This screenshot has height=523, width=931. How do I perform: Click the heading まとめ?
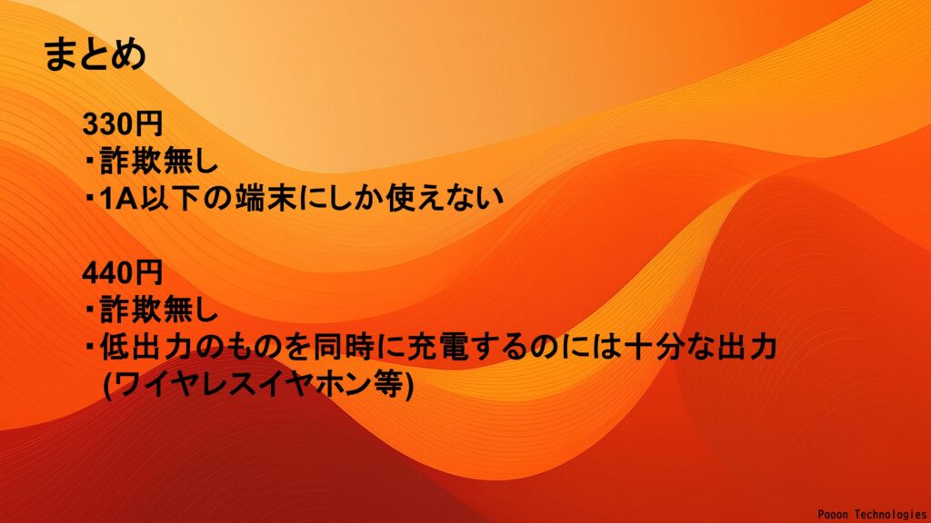[95, 54]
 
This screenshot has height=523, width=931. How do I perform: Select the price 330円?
[123, 123]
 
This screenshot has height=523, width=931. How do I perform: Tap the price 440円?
[123, 272]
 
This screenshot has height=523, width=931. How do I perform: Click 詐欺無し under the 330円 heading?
[158, 161]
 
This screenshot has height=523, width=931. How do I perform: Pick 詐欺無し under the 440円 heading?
[158, 310]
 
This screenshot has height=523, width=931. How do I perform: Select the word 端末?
[265, 198]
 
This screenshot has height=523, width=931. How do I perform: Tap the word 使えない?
[444, 198]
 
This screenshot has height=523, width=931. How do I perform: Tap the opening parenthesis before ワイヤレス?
[107, 385]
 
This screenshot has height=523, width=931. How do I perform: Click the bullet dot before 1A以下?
[90, 197]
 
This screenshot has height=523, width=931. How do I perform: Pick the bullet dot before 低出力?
[90, 346]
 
